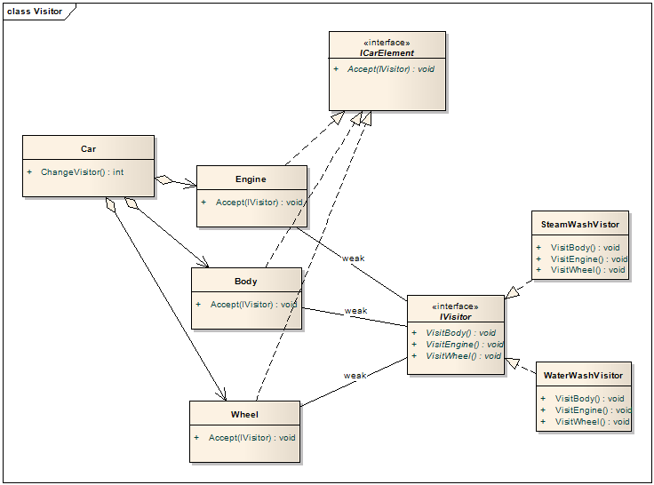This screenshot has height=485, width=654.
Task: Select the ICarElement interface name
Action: pyautogui.click(x=387, y=53)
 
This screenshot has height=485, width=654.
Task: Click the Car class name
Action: pyautogui.click(x=88, y=149)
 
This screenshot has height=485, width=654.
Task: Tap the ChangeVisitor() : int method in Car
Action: pyautogui.click(x=83, y=171)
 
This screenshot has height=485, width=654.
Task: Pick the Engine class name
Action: pyautogui.click(x=251, y=179)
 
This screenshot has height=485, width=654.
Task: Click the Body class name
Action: pyautogui.click(x=246, y=281)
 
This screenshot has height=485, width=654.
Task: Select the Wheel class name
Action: pyautogui.click(x=244, y=414)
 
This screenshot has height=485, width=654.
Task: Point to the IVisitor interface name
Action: pyautogui.click(x=455, y=316)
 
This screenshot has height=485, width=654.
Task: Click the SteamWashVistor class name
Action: pyautogui.click(x=580, y=225)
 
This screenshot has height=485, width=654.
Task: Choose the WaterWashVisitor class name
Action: pyautogui.click(x=584, y=376)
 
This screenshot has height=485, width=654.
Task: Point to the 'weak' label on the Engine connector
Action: pyautogui.click(x=354, y=258)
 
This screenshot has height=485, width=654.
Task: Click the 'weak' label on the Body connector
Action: pyautogui.click(x=355, y=311)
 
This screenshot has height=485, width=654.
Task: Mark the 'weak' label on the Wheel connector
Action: pyautogui.click(x=355, y=376)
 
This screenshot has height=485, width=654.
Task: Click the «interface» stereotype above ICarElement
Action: pyautogui.click(x=387, y=42)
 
